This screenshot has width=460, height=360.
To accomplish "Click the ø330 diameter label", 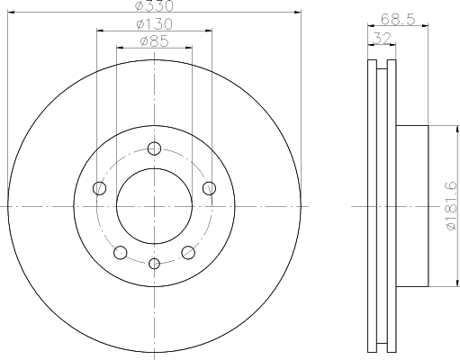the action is [154, 6].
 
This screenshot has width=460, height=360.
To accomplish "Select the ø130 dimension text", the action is [154, 24].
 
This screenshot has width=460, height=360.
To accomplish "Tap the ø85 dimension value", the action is [154, 41].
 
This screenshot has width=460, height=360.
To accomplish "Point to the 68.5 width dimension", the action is [398, 20].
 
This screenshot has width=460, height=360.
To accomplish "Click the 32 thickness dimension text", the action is [382, 38].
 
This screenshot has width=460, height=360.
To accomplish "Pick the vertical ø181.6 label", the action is [452, 206].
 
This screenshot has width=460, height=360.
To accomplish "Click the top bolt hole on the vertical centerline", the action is [154, 148].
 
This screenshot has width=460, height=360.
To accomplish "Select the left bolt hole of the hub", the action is [100, 188].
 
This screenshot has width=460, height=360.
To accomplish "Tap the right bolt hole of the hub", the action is [209, 188].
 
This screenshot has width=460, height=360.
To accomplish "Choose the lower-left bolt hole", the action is [121, 252].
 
